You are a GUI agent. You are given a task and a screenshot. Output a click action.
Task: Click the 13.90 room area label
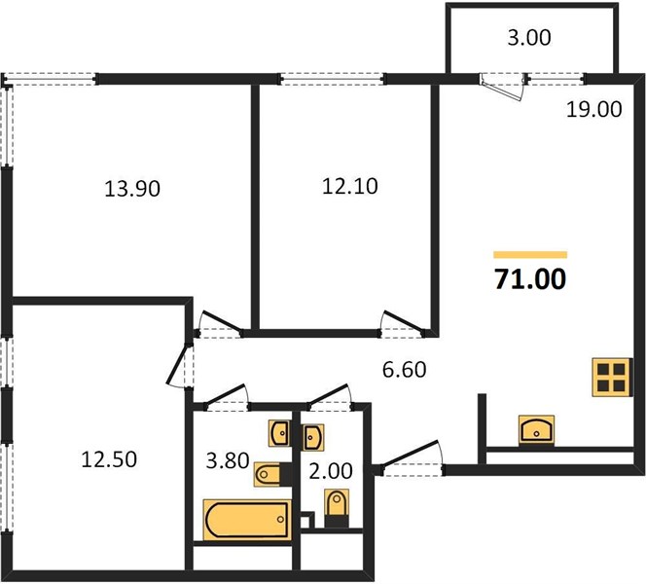pyautogui.click(x=132, y=189)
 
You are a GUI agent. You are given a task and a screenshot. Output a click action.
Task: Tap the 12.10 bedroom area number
pyautogui.click(x=350, y=186)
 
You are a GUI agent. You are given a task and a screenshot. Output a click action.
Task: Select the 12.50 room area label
pyautogui.click(x=109, y=459)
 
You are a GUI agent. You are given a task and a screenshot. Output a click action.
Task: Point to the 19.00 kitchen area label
pyautogui.click(x=594, y=110)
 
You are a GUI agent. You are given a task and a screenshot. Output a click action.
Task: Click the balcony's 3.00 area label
pyautogui.click(x=529, y=38)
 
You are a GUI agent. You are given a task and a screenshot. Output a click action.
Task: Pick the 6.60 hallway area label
pyautogui.click(x=404, y=370)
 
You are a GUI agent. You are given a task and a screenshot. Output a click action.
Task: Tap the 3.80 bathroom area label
pyautogui.click(x=228, y=460)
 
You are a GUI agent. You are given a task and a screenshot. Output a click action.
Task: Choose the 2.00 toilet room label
pyautogui.click(x=331, y=471)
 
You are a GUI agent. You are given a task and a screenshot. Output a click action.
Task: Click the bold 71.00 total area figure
pyautogui.click(x=530, y=279)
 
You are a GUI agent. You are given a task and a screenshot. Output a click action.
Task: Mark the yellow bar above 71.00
pyautogui.click(x=530, y=255)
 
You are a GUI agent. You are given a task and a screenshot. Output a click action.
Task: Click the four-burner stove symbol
pyautogui.click(x=612, y=377)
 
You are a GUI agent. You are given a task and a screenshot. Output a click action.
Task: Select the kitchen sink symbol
pyautogui.click(x=536, y=430)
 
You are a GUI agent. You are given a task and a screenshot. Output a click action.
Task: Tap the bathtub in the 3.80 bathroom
pyautogui.click(x=247, y=520)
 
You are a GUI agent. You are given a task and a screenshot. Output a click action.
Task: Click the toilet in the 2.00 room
pyautogui.click(x=337, y=507)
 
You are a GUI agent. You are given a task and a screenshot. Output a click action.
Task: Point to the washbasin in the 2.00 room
pyautogui.click(x=313, y=437)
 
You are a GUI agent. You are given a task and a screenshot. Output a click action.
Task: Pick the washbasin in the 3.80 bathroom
pyautogui.click(x=280, y=433)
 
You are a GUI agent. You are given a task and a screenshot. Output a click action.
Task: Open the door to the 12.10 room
pyautogui.click(x=403, y=323)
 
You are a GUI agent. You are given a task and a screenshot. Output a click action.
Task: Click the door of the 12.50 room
pyautogui.click(x=179, y=365)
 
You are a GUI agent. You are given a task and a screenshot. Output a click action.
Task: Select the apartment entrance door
pyautogui.click(x=412, y=457)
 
